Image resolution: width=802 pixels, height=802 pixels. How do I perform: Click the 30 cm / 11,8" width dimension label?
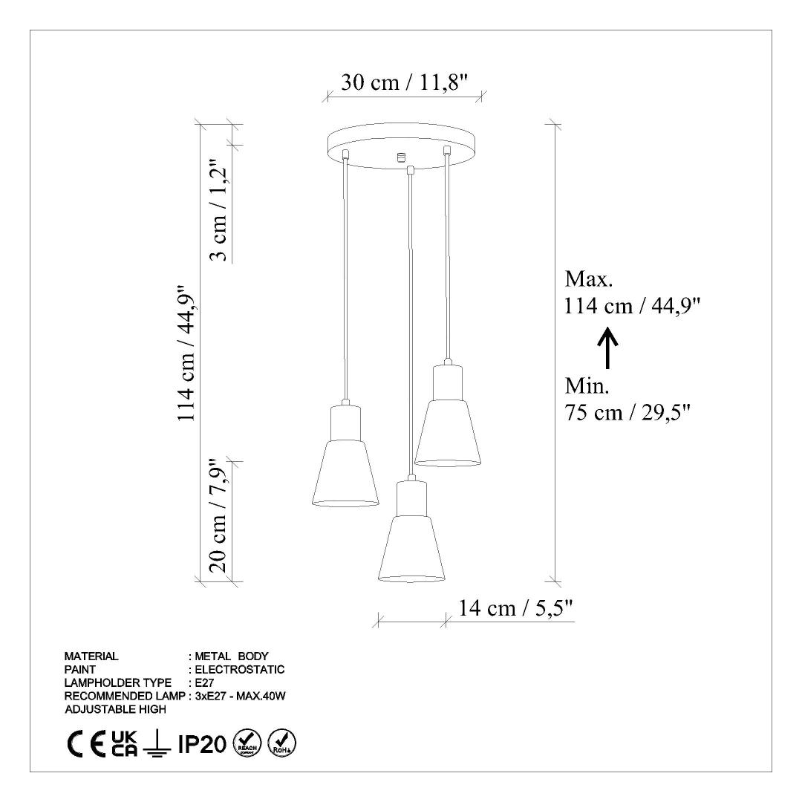tap(405, 82)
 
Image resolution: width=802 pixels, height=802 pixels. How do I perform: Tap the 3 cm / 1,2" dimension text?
tap(219, 211)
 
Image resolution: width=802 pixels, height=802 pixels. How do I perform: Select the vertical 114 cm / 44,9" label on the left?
tap(186, 353)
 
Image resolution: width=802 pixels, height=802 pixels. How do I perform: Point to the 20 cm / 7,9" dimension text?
tap(218, 515)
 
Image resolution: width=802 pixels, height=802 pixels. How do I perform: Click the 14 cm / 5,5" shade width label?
tap(515, 608)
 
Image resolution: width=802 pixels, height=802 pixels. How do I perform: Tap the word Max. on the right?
tap(589, 279)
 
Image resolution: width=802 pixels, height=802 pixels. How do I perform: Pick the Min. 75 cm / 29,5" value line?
tap(628, 412)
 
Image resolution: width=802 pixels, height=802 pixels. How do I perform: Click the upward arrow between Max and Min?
tap(608, 348)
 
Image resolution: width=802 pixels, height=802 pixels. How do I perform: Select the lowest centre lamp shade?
tap(411, 530)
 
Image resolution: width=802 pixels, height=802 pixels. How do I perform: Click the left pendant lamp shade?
tap(346, 454)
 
